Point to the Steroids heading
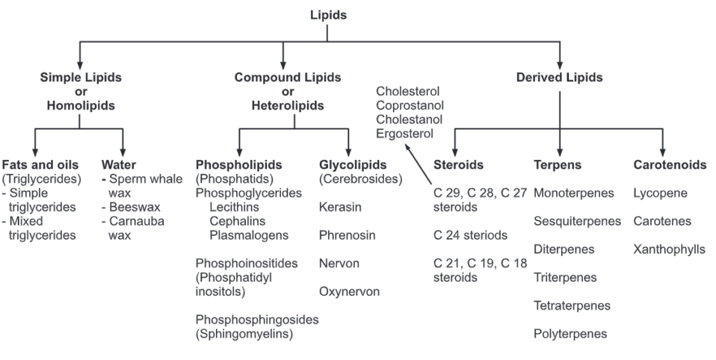[458, 164]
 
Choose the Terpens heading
[558, 164]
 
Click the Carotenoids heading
[669, 164]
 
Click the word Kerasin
[339, 207]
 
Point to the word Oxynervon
[349, 291]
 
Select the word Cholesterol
[408, 91]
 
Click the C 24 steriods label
[471, 235]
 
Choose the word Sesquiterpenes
[578, 221]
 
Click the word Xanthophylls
[669, 249]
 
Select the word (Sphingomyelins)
[244, 334]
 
